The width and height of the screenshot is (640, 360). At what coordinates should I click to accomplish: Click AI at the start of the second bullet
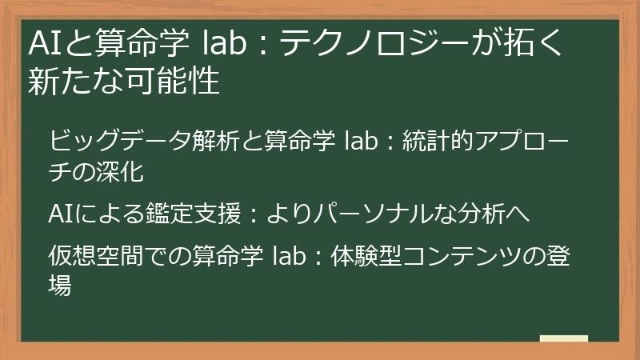58,214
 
